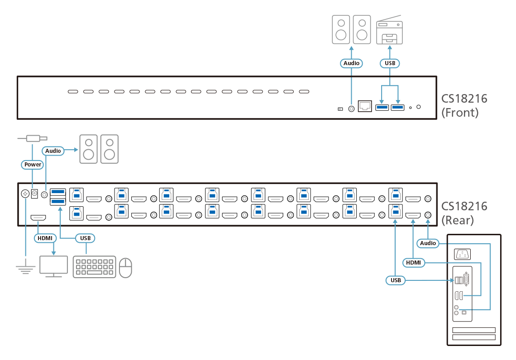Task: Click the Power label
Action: pos(33,165)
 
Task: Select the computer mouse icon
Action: pos(125,267)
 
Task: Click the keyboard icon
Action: pos(94,267)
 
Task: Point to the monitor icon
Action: pos(53,266)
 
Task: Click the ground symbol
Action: pos(26,270)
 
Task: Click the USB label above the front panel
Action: pos(390,63)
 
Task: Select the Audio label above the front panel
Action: pos(351,63)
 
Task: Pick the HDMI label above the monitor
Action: pos(44,237)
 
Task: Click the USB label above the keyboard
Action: pos(85,237)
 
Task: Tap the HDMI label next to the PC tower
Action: pos(413,262)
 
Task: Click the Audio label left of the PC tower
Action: pos(428,243)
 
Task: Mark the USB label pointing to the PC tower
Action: pos(396,280)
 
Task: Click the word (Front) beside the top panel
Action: pos(460,113)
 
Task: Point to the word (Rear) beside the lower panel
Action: pos(458,220)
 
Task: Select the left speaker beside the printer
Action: pos(341,29)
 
